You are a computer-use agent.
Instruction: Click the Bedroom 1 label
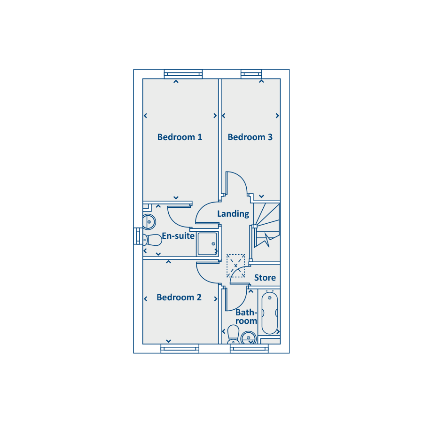180,137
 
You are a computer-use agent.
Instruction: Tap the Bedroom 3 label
250,137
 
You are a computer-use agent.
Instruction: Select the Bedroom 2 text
179,298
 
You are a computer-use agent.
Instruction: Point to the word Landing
233,214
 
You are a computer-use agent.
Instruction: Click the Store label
265,278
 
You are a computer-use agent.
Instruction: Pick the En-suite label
178,236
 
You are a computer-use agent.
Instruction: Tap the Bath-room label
246,317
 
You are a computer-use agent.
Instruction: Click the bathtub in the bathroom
269,313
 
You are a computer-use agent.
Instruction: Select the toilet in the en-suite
152,240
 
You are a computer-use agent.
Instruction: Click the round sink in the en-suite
149,222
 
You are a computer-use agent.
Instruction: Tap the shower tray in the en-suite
207,244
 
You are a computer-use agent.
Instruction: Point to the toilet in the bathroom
233,335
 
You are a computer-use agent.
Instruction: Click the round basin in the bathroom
249,338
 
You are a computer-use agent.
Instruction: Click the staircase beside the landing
267,226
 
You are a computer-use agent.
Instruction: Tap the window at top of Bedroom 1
183,74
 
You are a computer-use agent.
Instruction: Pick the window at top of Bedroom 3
251,74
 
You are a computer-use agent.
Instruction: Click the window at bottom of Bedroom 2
180,349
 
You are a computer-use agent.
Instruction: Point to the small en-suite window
138,236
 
